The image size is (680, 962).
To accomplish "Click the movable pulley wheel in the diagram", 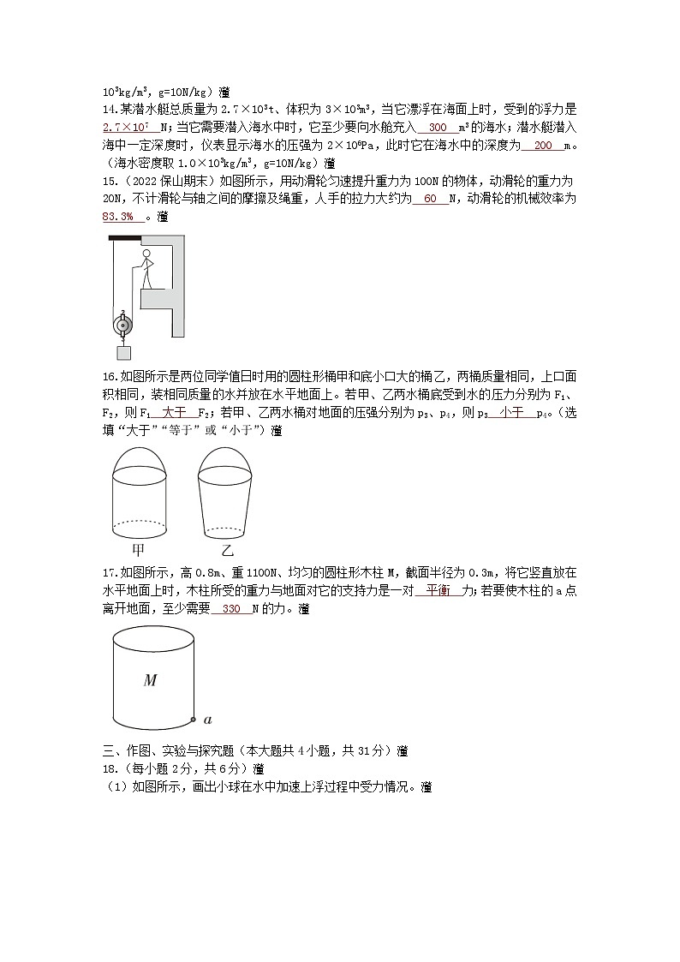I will pyautogui.click(x=123, y=326).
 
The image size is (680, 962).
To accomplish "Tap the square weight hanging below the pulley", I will pyautogui.click(x=123, y=352).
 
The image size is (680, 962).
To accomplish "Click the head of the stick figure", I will pyautogui.click(x=146, y=254).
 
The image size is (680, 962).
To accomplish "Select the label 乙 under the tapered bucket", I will pyautogui.click(x=227, y=550).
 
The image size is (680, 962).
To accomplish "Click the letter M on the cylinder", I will pyautogui.click(x=150, y=680).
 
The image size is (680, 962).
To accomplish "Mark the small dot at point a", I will pyautogui.click(x=194, y=720).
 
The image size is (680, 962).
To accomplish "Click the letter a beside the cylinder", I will pyautogui.click(x=208, y=720).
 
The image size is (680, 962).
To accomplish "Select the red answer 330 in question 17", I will pyautogui.click(x=231, y=609).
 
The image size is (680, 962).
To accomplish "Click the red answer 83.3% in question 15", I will pyautogui.click(x=118, y=216).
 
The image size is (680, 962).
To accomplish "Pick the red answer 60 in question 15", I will pyautogui.click(x=430, y=200).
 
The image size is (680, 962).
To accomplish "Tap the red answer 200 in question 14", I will pyautogui.click(x=543, y=145).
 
